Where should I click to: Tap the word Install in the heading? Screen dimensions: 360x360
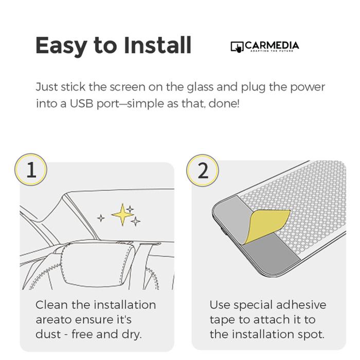point(157,45)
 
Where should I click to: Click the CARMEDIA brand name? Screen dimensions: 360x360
point(272,45)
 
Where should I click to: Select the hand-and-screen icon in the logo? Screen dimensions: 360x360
point(237,47)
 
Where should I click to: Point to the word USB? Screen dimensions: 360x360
point(82,103)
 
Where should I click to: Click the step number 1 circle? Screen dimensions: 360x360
point(31,170)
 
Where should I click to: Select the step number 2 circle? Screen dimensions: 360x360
point(203,170)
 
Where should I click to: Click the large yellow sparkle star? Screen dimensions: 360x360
point(122,214)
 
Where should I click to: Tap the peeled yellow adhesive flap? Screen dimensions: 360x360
point(266,226)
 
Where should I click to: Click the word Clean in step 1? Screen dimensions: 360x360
point(52,305)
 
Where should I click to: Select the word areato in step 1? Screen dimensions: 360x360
point(55,320)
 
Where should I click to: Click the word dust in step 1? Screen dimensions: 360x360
point(48,334)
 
